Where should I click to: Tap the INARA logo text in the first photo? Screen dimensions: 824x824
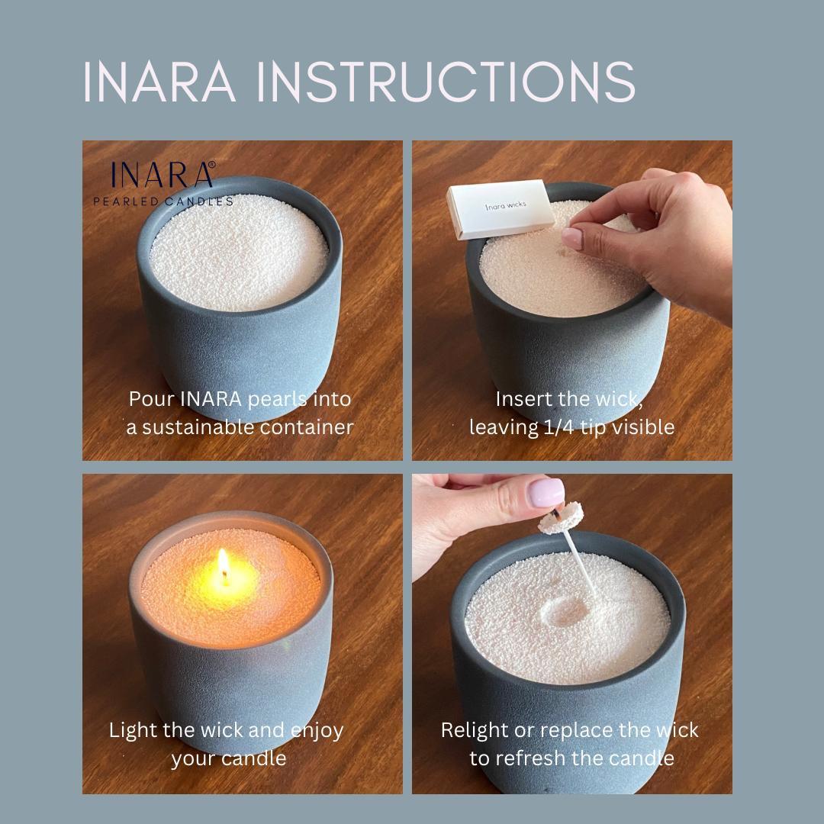[x=163, y=175]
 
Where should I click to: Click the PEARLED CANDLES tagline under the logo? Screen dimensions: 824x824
[x=163, y=201]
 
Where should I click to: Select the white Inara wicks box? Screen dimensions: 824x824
[x=496, y=208]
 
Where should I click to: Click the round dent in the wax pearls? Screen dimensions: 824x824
[x=565, y=608]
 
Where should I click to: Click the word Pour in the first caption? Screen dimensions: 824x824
[x=152, y=399]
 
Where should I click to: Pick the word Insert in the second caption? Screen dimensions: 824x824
[x=521, y=399]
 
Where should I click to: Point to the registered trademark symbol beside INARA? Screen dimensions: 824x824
[x=211, y=164]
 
